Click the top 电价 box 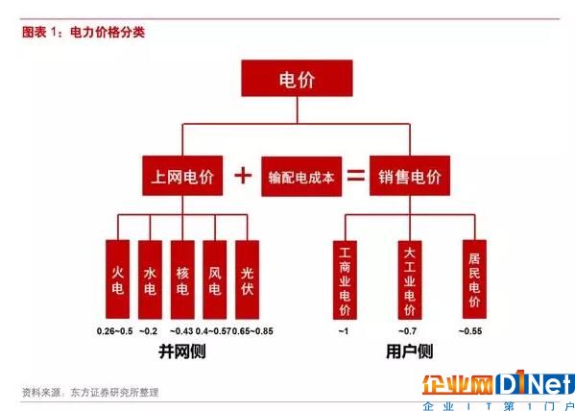pyautogui.click(x=297, y=78)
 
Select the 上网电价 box pyautogui.click(x=182, y=176)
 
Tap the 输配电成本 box pyautogui.click(x=301, y=177)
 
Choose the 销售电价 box pyautogui.click(x=410, y=176)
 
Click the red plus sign pyautogui.click(x=243, y=176)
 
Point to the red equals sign pyautogui.click(x=356, y=176)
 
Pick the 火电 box pyautogui.click(x=117, y=279)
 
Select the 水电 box pyautogui.click(x=150, y=279)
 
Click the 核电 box pyautogui.click(x=182, y=279)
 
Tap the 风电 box pyautogui.click(x=215, y=279)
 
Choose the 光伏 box pyautogui.click(x=247, y=279)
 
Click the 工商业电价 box pyautogui.click(x=345, y=280)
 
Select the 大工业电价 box pyautogui.click(x=410, y=280)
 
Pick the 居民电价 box pyautogui.click(x=474, y=279)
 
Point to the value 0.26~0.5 pyautogui.click(x=115, y=331)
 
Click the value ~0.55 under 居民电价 pyautogui.click(x=470, y=331)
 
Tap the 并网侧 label pyautogui.click(x=182, y=351)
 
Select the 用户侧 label pyautogui.click(x=410, y=351)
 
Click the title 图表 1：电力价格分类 pyautogui.click(x=84, y=33)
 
